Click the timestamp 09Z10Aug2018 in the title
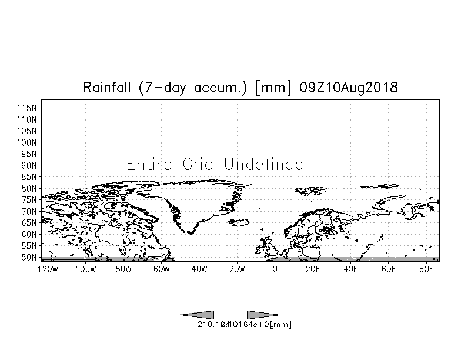pos(349,88)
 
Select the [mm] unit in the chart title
pos(273,88)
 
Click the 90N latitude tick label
pos(30,165)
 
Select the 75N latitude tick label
pos(30,199)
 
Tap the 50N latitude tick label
pos(30,257)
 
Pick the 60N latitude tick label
pos(30,234)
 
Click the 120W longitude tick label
pos(47,269)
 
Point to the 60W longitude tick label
pos(161,269)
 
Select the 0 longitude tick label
pos(275,269)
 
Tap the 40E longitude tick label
pos(350,269)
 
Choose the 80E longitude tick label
pos(426,269)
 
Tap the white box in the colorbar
pos(230,315)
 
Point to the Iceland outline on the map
pos(239,222)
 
